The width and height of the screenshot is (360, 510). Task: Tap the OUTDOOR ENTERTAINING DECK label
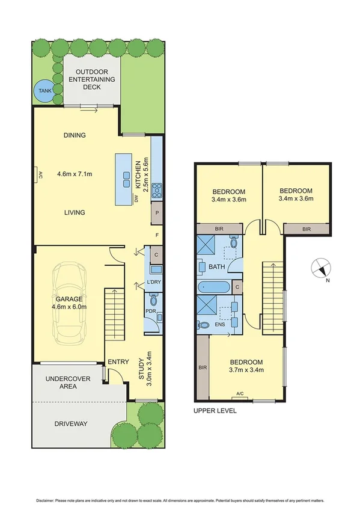coord(93,79)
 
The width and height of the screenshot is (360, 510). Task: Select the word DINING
coord(75,135)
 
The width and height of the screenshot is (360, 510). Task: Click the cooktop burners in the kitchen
coord(156,190)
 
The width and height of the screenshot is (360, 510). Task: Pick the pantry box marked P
coord(156,212)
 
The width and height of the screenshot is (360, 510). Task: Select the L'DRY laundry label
coord(154,283)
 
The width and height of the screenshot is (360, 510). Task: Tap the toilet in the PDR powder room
coord(153,300)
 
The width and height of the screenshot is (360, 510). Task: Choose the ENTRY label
coord(118,361)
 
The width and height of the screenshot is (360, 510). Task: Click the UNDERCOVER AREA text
coord(68,382)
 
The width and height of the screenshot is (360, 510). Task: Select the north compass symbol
coord(319,268)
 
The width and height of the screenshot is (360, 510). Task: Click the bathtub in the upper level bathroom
coord(213,287)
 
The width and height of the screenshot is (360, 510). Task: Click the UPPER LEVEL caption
coord(215,411)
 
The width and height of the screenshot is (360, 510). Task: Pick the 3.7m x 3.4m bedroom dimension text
coord(247,370)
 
